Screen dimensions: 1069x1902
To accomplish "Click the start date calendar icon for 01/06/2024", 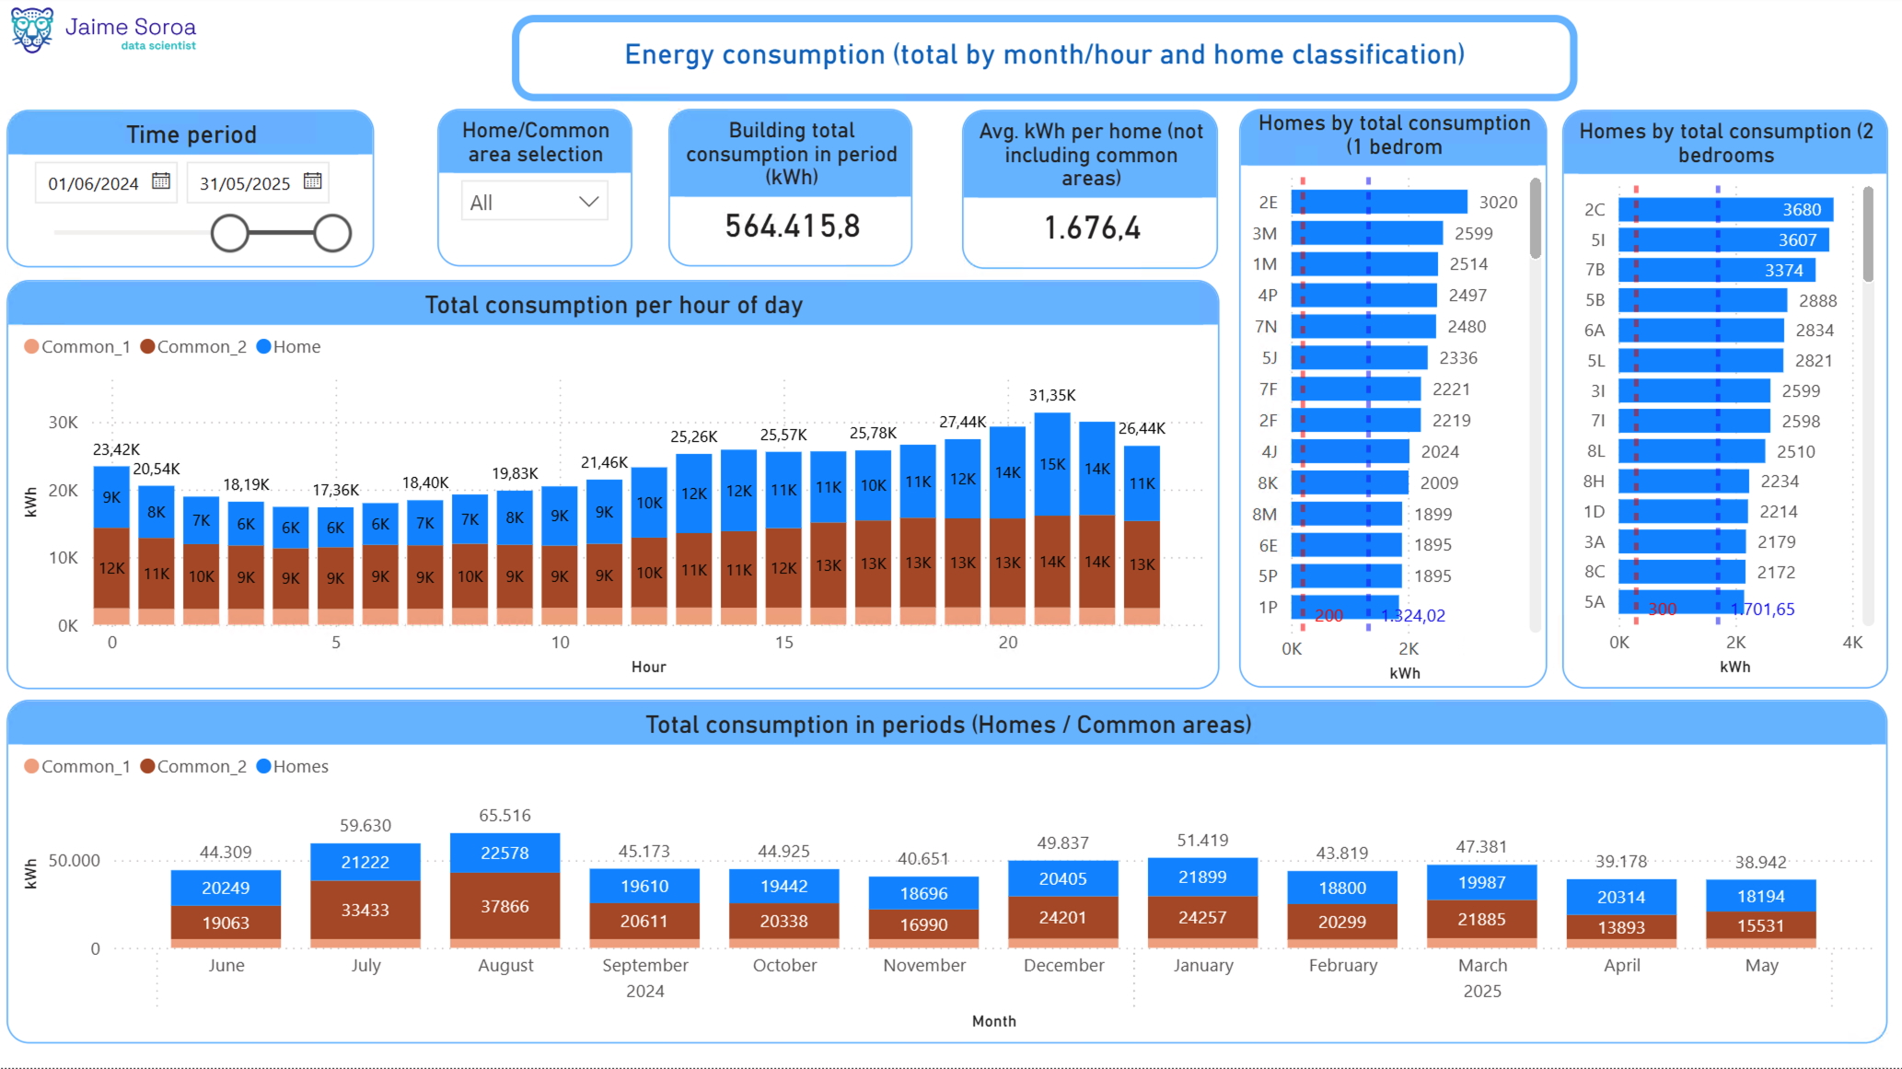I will point(161,181).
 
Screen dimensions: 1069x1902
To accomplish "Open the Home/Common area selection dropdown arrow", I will point(588,202).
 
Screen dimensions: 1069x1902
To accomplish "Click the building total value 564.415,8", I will point(792,227).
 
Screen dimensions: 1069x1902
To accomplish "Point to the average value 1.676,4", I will point(1091,228).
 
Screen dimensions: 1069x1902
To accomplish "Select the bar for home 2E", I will point(1378,202).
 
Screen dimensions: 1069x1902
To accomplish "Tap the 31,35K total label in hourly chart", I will point(1051,395).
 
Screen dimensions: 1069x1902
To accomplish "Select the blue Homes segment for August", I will point(504,853).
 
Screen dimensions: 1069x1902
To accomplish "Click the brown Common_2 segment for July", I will point(365,910).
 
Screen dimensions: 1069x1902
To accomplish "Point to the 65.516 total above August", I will point(504,816).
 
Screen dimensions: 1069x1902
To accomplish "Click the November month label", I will point(923,965).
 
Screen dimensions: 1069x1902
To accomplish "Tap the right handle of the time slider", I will point(332,233).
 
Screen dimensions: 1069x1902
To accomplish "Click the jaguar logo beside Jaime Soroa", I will point(32,29).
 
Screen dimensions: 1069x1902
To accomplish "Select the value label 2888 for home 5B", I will point(1817,301).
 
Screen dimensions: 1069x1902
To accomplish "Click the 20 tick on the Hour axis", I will point(1007,643).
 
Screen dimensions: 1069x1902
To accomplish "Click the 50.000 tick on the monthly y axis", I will point(74,861).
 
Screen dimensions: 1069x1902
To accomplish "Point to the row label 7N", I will point(1265,327).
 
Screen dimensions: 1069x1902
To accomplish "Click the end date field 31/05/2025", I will point(245,183).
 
